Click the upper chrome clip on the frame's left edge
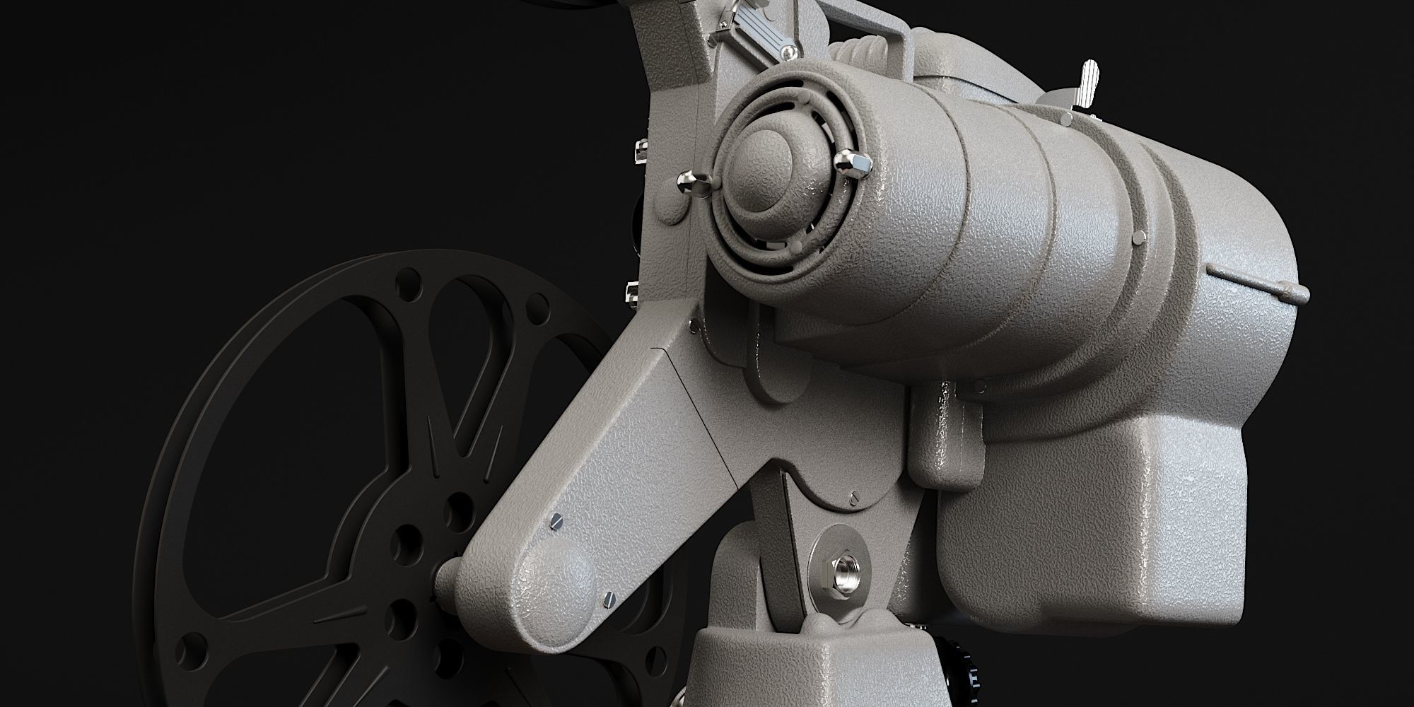click(x=641, y=151)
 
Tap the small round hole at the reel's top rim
click(x=409, y=289)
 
